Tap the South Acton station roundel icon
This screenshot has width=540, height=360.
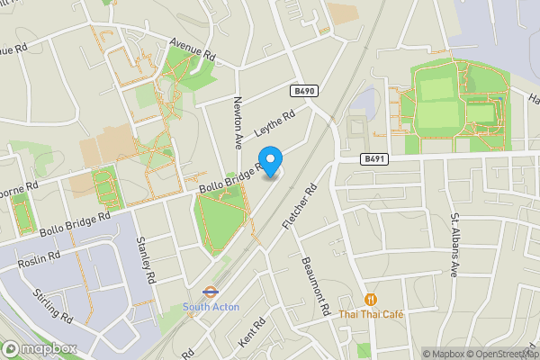tap(209, 292)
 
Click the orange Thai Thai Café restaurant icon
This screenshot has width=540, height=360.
tap(370, 299)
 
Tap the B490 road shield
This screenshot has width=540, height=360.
tap(305, 92)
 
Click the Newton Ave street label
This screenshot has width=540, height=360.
tap(238, 122)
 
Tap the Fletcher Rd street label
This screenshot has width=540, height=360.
tap(301, 206)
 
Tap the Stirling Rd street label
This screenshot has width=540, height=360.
tap(53, 305)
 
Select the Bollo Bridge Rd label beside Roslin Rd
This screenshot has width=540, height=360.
tap(74, 224)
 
